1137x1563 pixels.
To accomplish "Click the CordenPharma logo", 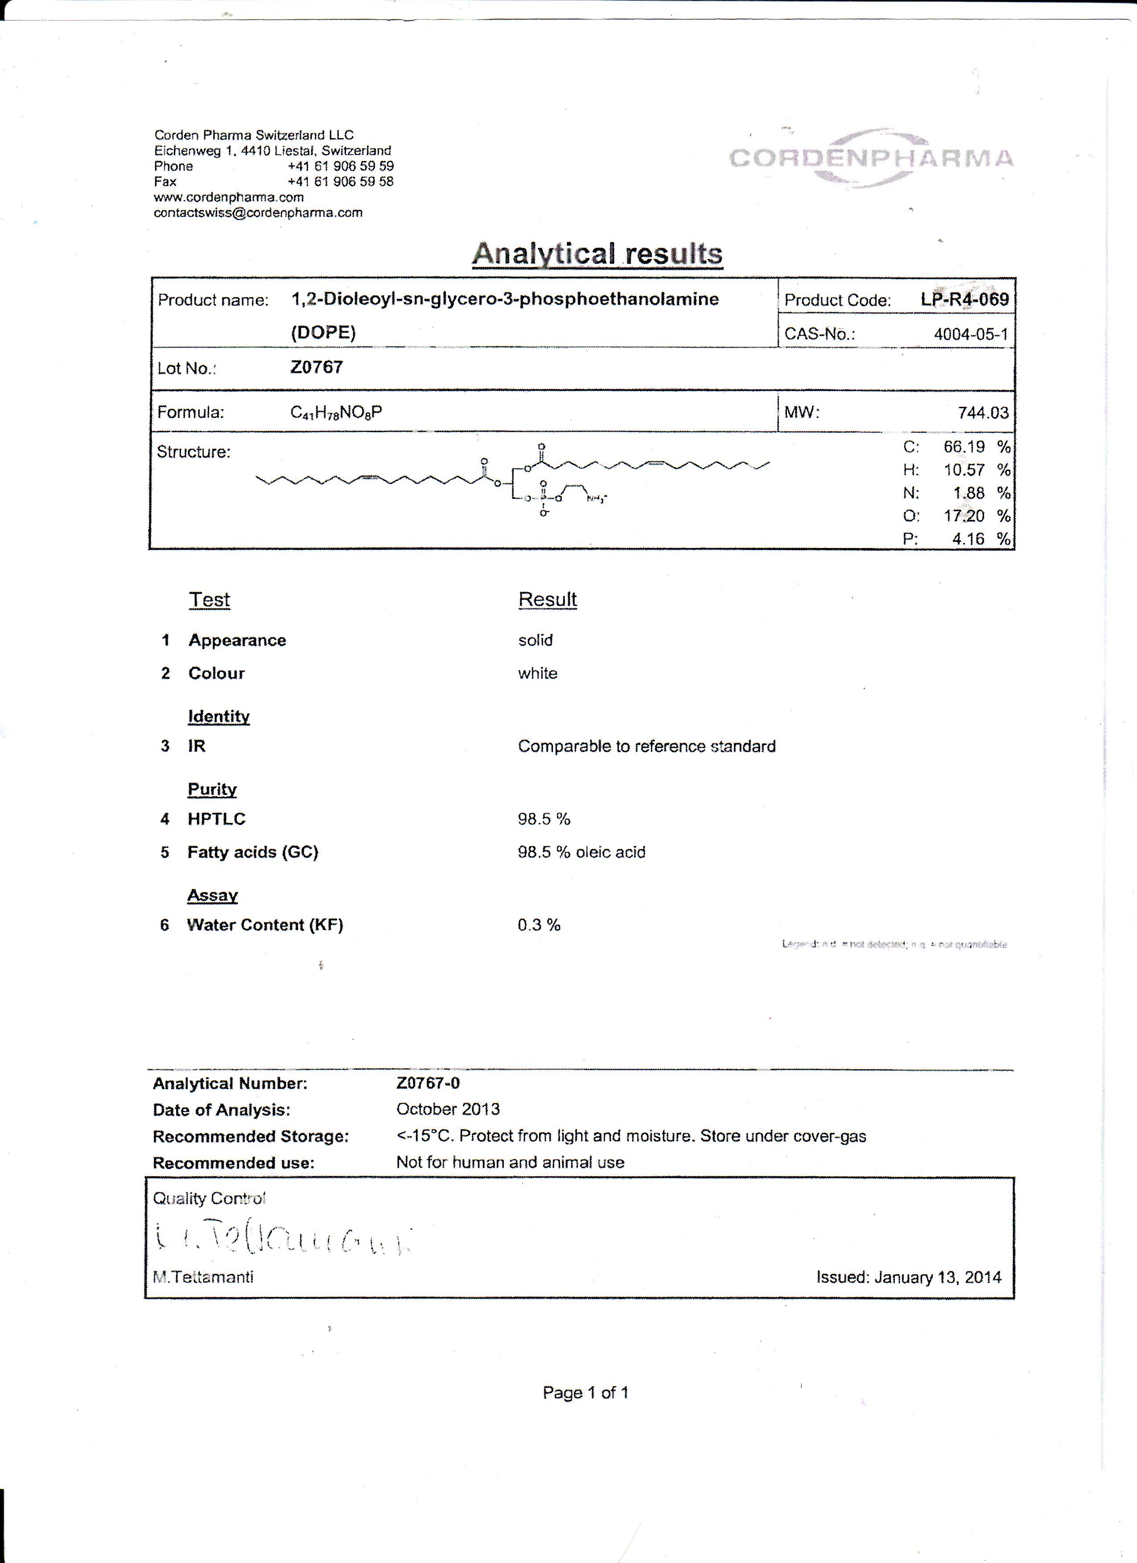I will point(871,159).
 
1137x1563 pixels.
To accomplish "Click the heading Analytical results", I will point(597,254).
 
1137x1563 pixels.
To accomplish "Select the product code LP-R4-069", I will point(964,299).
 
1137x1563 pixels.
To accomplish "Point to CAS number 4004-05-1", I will point(970,334).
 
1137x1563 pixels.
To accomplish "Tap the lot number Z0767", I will point(317,367).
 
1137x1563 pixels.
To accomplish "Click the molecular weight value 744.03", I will point(983,413).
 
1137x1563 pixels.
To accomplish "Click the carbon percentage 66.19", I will point(964,446).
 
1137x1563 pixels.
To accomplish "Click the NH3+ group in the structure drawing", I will point(596,498).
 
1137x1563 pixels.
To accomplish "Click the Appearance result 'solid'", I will point(535,640).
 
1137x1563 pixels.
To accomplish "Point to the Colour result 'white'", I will point(538,673).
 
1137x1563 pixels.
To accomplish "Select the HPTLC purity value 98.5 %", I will point(544,819).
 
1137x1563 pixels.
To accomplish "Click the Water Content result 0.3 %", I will point(539,925).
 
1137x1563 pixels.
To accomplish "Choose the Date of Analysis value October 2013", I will point(448,1109).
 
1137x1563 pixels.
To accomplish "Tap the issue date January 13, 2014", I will point(908,1277).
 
